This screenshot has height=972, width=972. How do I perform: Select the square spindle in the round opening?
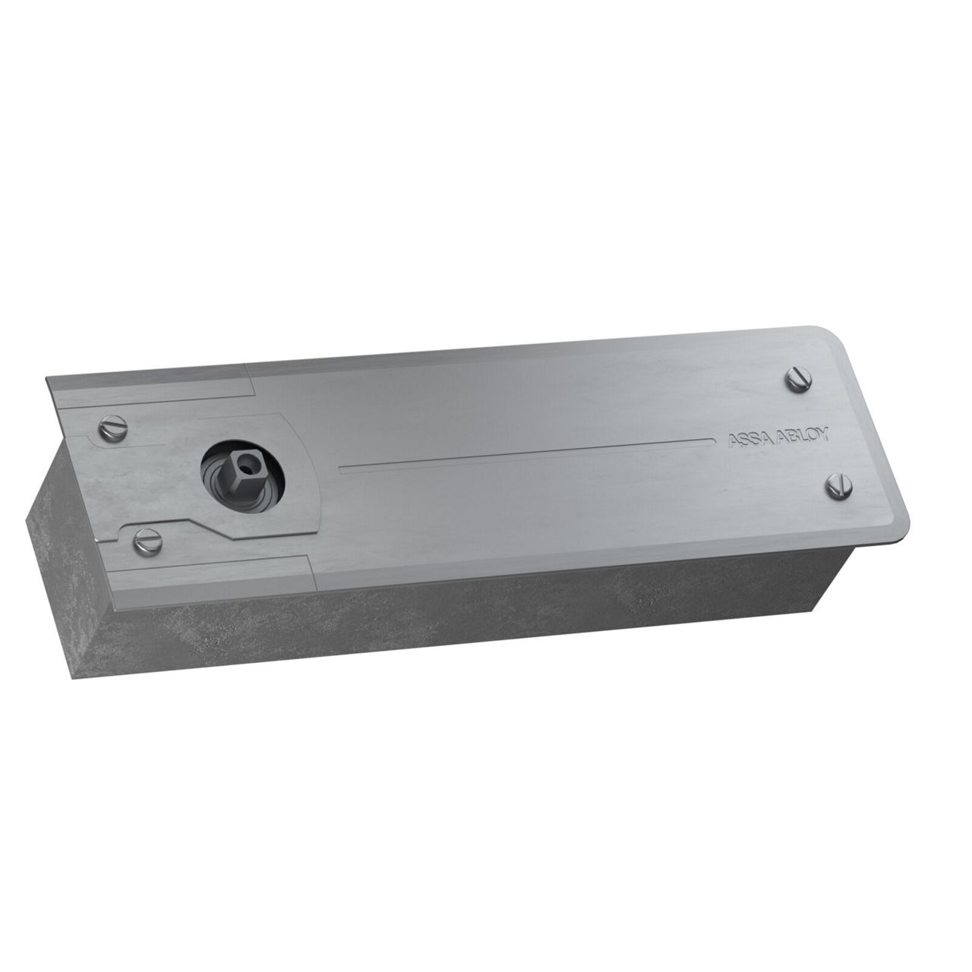(243, 469)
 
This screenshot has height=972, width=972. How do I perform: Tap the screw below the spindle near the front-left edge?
(148, 540)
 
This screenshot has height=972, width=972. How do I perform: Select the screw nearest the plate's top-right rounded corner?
(800, 379)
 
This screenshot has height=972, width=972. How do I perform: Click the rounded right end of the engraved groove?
(713, 440)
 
